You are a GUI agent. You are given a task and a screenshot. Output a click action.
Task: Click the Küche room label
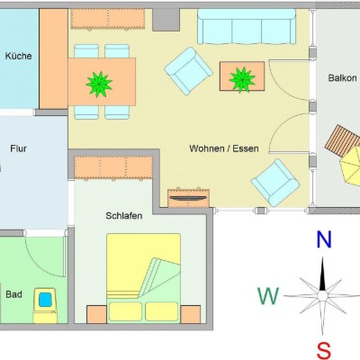coord(18,56)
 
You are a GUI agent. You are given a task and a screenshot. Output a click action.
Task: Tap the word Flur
coord(18,148)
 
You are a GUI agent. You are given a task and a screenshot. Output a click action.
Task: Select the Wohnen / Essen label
coord(224,148)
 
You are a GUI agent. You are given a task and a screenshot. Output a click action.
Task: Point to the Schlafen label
coord(124,216)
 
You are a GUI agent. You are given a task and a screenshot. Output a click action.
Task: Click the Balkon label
coord(343,78)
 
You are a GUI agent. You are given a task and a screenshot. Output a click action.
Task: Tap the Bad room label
coord(13,294)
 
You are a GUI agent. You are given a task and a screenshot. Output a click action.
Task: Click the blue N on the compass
coord(324,240)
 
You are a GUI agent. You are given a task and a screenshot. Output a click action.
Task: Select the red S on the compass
coord(324,351)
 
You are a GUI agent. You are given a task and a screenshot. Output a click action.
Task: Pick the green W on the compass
coord(268,296)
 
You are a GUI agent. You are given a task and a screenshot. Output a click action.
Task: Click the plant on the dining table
coord(99,85)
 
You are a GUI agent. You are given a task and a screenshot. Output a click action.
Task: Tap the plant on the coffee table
coord(242,80)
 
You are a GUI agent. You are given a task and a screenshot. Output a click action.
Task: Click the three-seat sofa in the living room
coord(247,27)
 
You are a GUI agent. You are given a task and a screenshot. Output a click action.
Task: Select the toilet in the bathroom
coord(45,305)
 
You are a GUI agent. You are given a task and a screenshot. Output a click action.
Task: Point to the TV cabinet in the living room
coord(188,198)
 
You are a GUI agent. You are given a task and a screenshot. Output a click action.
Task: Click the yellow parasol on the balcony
coord(350,166)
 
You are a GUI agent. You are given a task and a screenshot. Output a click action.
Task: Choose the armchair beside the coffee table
coord(189,71)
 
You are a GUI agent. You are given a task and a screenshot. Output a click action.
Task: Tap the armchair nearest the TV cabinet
coord(275,183)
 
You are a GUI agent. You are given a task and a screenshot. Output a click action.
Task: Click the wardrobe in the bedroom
coord(113,168)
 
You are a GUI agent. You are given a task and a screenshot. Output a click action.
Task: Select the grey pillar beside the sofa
coord(166,20)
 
